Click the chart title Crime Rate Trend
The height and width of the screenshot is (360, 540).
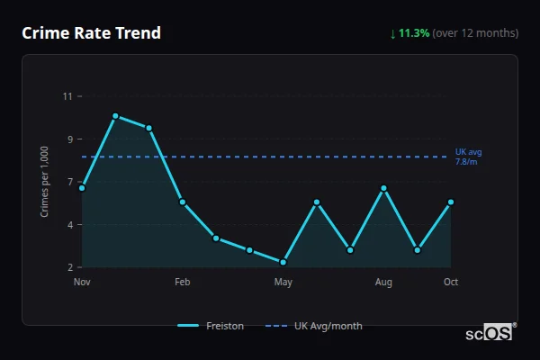(92, 33)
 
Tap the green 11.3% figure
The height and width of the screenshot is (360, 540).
(414, 33)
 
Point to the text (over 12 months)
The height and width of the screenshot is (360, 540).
(475, 33)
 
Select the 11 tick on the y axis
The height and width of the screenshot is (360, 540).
(67, 96)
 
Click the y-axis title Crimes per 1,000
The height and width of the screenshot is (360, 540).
(45, 183)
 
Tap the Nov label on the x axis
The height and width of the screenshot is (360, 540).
(82, 283)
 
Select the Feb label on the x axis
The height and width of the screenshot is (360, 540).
(183, 283)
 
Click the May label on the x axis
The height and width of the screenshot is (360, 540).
(283, 283)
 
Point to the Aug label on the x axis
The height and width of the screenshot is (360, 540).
(383, 283)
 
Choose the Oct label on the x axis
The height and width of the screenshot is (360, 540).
(451, 283)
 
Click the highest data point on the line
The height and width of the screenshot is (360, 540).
(115, 116)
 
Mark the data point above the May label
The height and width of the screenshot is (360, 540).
(283, 262)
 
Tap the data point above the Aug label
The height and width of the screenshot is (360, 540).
(383, 188)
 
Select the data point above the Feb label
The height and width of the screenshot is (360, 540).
(183, 202)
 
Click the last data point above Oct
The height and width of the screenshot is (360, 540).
(451, 202)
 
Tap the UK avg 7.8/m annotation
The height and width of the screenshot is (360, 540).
(468, 156)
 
